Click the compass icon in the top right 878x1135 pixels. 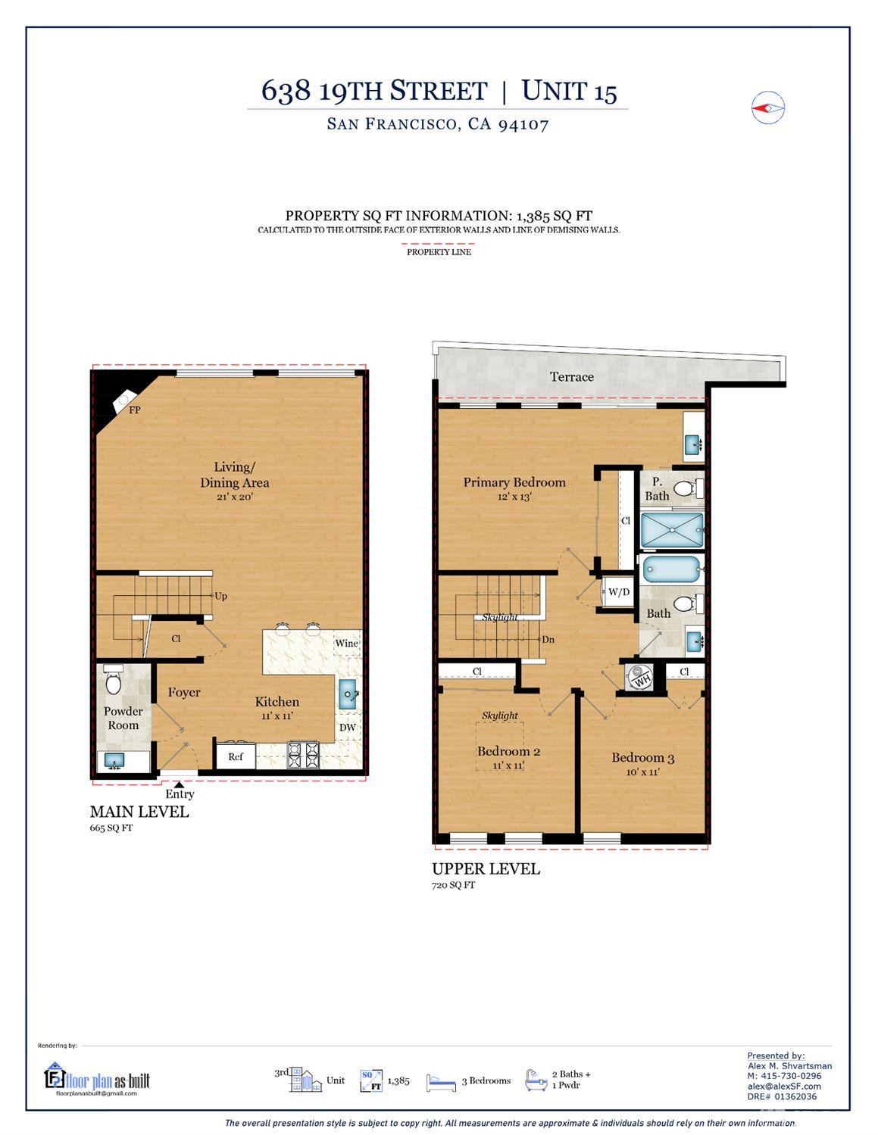(768, 108)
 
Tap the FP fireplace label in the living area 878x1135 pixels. (135, 410)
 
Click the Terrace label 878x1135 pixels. (571, 376)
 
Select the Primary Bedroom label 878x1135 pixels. (514, 482)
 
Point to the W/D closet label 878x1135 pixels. (618, 591)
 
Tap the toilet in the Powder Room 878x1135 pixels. (114, 681)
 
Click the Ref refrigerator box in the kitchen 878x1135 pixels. (236, 756)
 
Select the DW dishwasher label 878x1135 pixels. (347, 728)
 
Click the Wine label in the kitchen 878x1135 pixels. (346, 643)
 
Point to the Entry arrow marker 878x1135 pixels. (179, 785)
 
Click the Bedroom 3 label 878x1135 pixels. (642, 757)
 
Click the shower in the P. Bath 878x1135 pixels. (672, 530)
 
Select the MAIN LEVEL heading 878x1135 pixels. (139, 812)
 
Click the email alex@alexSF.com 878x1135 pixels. (784, 1087)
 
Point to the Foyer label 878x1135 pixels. (184, 692)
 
